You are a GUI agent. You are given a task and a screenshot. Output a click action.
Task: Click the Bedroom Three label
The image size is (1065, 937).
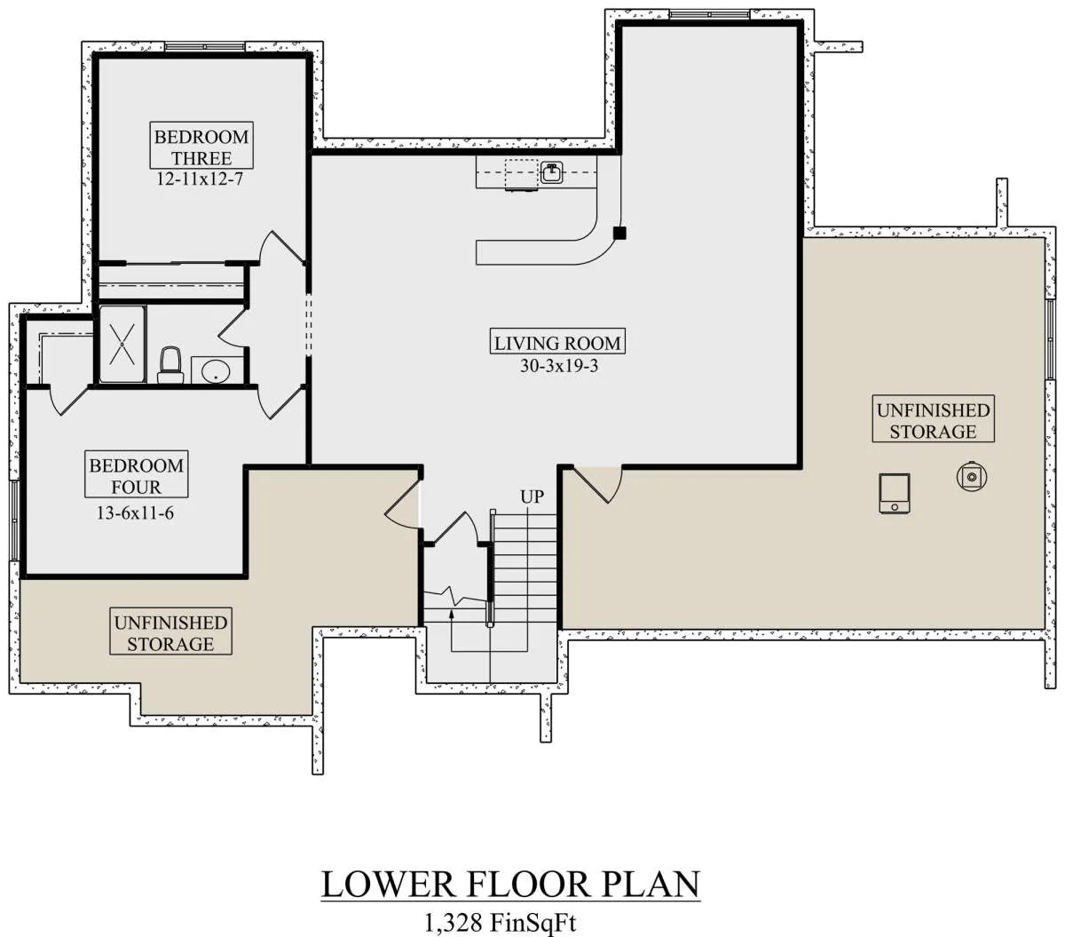[201, 147]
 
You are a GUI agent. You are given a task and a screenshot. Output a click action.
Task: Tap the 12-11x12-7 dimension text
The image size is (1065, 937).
[200, 179]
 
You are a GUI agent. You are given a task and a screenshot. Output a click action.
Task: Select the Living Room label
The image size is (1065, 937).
[557, 343]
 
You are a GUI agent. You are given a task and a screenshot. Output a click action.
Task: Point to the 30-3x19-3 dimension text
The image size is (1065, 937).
[559, 365]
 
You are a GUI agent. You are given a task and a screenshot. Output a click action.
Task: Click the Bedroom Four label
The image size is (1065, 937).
[136, 475]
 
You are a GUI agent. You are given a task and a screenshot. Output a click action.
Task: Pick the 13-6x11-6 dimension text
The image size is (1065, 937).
[135, 512]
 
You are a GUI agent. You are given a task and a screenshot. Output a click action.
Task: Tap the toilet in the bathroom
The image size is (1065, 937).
[170, 365]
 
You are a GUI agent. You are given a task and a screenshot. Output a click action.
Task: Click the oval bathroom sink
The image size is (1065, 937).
[216, 372]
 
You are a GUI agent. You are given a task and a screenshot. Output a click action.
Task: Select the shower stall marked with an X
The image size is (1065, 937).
[122, 344]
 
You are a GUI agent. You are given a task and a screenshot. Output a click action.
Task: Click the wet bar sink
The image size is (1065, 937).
[551, 172]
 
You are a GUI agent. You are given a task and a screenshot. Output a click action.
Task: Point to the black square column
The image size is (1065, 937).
[619, 233]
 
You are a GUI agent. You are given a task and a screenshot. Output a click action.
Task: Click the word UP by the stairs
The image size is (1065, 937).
[532, 496]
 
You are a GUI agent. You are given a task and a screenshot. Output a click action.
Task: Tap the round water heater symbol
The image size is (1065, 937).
[972, 477]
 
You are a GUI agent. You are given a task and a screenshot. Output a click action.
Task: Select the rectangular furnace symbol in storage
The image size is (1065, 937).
[895, 493]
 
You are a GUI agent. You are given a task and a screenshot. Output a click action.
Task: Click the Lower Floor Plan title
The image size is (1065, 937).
[510, 884]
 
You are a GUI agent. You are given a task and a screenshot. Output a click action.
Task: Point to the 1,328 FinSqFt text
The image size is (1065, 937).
[500, 922]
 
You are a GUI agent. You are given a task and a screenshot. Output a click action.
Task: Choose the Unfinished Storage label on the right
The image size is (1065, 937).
[933, 420]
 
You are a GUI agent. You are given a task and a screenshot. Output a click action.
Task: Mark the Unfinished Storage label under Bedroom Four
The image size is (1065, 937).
[170, 633]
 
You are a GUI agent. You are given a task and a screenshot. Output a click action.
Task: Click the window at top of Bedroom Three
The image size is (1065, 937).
[204, 47]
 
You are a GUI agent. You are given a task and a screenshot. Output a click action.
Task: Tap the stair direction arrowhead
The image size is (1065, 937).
[451, 613]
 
